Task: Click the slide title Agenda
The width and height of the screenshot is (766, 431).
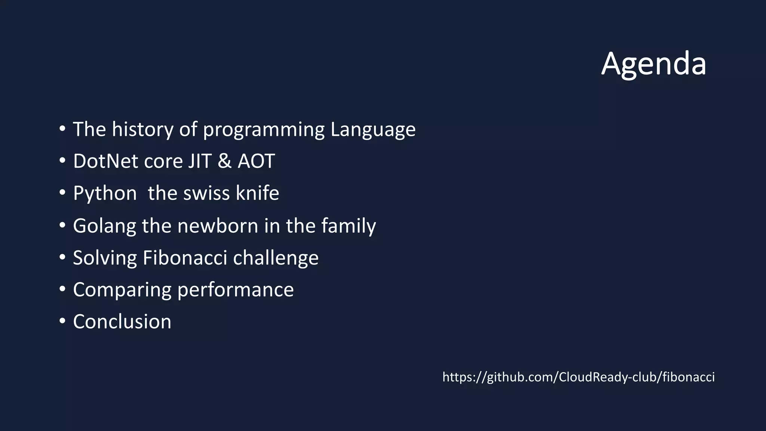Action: click(653, 64)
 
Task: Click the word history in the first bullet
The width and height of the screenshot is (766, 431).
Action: click(143, 129)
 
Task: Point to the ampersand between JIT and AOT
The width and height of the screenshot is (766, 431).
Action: click(224, 161)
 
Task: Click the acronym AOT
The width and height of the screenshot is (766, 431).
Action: click(256, 161)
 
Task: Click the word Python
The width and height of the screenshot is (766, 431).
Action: click(105, 194)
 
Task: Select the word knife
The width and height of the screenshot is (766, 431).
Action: click(257, 193)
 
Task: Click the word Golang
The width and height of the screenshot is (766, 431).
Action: click(104, 226)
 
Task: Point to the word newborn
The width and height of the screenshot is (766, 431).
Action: click(218, 226)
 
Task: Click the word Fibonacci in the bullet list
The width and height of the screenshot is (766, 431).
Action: click(185, 258)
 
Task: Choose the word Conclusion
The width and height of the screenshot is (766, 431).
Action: click(122, 322)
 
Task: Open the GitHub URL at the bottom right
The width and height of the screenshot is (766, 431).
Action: click(578, 377)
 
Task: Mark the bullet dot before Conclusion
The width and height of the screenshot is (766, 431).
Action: click(62, 321)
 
